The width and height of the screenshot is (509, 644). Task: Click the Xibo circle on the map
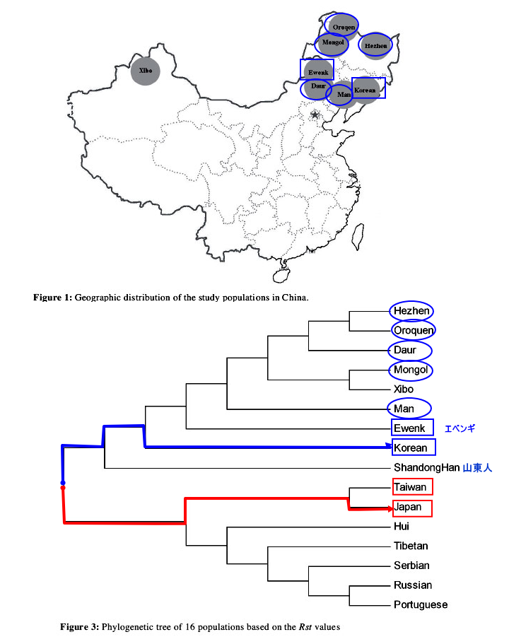(146, 71)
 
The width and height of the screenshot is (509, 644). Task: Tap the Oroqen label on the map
(343, 25)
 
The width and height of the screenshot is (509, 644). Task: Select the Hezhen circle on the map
(375, 46)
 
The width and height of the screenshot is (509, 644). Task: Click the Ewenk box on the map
(317, 71)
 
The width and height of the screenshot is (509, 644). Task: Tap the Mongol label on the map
(332, 42)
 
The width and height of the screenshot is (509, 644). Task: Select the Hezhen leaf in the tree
(411, 311)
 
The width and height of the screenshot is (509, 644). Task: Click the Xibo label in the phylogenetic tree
(404, 389)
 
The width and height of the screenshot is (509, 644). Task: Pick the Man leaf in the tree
(404, 408)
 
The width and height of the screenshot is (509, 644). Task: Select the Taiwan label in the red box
(411, 487)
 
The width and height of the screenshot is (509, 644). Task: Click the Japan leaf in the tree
(409, 508)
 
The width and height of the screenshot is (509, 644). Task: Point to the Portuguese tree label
(421, 604)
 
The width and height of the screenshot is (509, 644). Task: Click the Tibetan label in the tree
(411, 546)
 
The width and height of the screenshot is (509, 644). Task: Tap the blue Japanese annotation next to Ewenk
(460, 428)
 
